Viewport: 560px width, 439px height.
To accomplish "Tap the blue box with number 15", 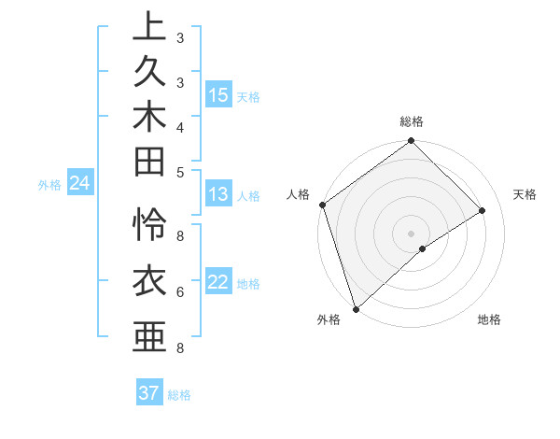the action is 218,95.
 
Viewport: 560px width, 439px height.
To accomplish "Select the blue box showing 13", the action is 218,194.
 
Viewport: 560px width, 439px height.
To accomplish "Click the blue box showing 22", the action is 218,282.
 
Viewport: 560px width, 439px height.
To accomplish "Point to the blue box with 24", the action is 79,184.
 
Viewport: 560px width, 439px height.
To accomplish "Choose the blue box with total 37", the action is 149,393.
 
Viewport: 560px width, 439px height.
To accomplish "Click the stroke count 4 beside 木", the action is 179,127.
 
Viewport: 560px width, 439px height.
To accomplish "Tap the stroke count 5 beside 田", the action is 179,172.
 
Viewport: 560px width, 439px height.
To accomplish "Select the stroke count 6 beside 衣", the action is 179,292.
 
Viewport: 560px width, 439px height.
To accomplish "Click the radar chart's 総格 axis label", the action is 412,121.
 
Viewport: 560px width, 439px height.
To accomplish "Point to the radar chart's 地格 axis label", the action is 489,319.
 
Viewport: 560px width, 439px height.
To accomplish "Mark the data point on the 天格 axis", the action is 483,210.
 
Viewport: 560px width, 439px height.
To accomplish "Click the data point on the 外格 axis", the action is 356,308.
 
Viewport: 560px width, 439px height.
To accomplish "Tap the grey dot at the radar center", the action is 411,233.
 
